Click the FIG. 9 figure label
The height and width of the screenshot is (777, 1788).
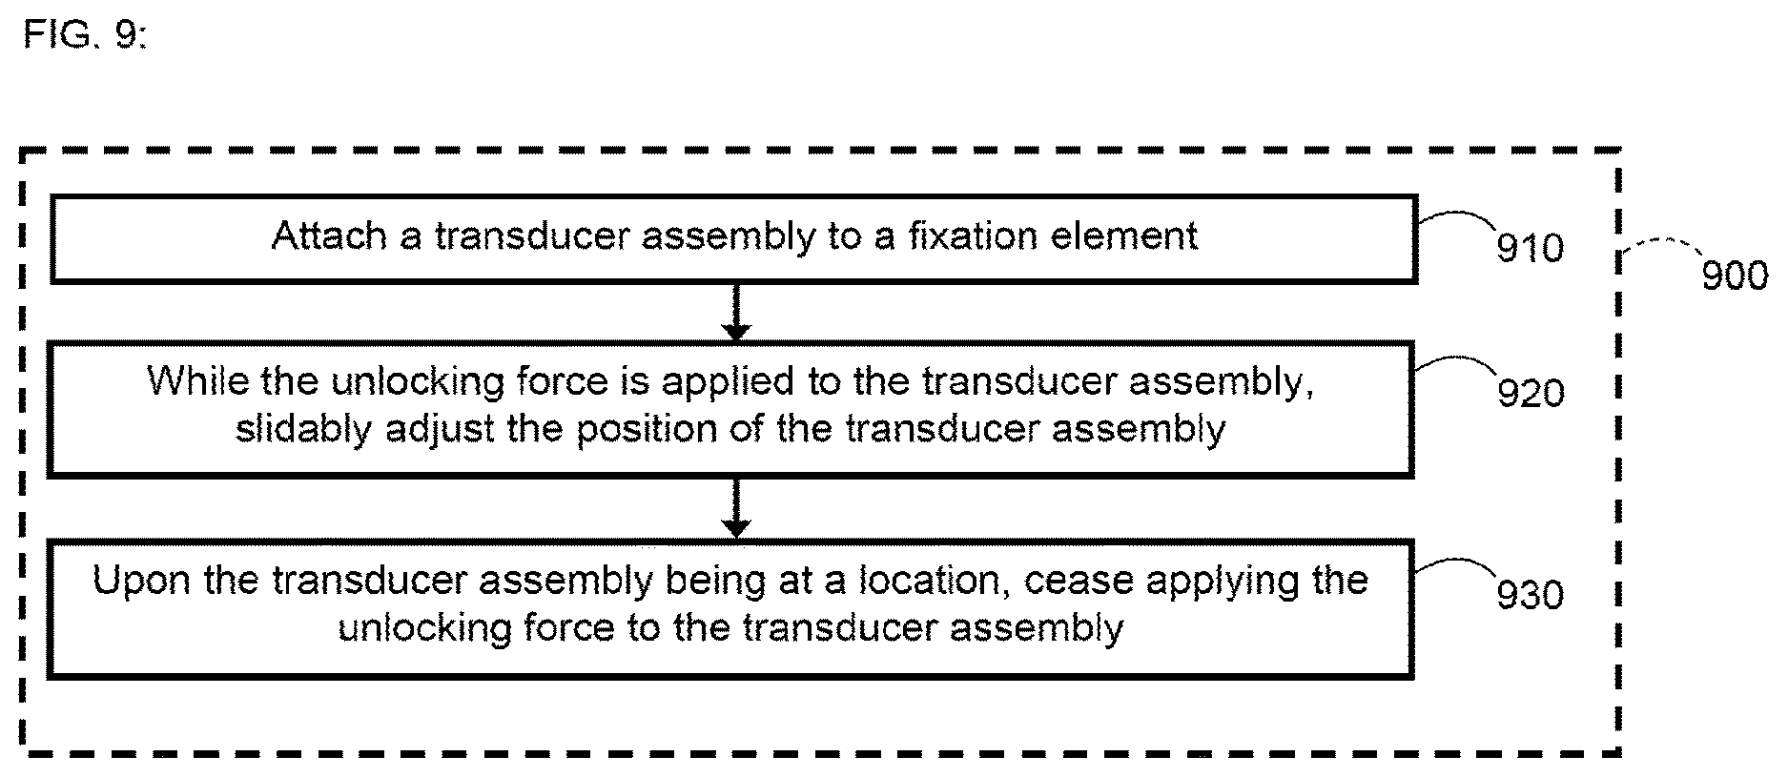coord(85,35)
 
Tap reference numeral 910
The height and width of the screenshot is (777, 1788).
coord(1531,249)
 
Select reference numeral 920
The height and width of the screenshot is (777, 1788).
coord(1531,393)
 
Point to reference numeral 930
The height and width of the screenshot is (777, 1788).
coord(1531,595)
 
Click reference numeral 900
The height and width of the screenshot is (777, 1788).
coord(1735,276)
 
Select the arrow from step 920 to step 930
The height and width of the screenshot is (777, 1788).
coord(735,507)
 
